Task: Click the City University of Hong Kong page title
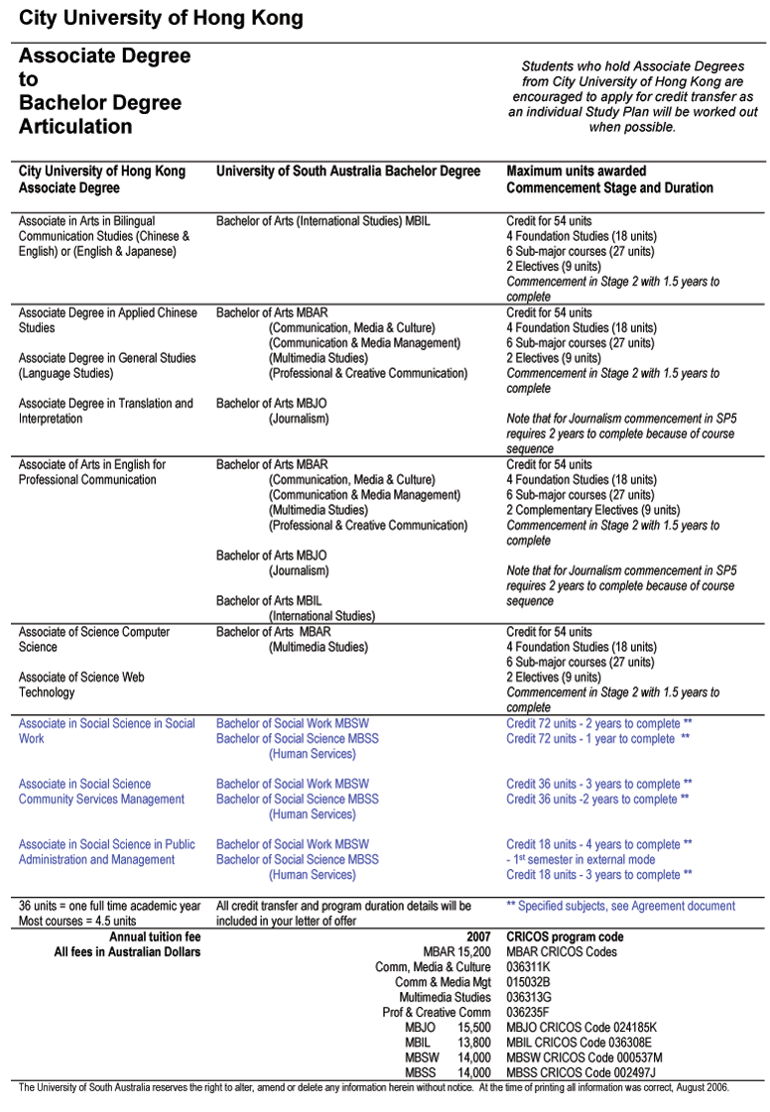161,18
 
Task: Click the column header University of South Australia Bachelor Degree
348,172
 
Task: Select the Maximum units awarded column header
576,172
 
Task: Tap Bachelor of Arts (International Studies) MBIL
323,221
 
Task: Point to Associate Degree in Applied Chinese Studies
107,320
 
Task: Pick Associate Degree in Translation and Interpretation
105,411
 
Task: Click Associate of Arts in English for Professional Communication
91,472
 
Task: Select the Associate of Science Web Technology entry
81,684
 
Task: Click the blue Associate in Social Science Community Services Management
101,792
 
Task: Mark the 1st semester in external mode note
583,860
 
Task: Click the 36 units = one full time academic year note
109,906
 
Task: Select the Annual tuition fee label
155,936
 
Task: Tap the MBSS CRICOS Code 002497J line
580,1072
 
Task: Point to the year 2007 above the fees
478,936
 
